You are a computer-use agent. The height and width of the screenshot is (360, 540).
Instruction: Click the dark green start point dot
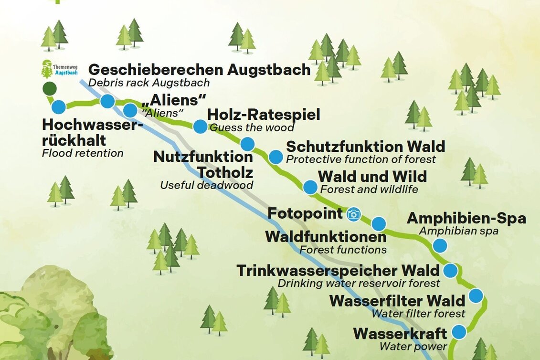coord(49,88)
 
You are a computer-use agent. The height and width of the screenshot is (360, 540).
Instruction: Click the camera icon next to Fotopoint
coord(353,214)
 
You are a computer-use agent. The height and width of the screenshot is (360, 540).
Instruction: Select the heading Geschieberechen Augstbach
coord(200,70)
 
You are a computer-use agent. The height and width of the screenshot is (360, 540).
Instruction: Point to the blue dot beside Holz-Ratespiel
coord(200,127)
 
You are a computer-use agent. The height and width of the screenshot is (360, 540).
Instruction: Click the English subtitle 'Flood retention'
coord(82,153)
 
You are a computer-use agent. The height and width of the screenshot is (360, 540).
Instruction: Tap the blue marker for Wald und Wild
coord(310,187)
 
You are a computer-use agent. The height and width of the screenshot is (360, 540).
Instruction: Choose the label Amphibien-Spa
coord(466,219)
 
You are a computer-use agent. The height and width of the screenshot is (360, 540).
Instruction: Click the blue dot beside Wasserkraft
coord(459,331)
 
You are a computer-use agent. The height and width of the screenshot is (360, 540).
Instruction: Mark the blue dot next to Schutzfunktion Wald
coord(275,157)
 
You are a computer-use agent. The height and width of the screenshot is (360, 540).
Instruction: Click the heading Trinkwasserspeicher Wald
coord(338,271)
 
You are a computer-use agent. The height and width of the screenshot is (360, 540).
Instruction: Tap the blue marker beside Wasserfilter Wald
coord(476,296)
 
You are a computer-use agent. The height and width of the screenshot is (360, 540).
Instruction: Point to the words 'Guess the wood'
coord(252,128)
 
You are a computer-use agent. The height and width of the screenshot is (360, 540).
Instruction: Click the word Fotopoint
coord(305,213)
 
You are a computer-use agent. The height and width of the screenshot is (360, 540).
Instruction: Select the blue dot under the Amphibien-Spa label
coord(439,245)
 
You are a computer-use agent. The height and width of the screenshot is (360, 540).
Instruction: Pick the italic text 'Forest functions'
coord(343,249)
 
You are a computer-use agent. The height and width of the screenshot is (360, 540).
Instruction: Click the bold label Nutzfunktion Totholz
coord(203,164)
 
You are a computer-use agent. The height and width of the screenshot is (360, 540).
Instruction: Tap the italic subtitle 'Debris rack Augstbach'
coord(149,83)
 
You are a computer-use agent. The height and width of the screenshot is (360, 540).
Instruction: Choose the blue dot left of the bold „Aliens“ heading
coord(130,111)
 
